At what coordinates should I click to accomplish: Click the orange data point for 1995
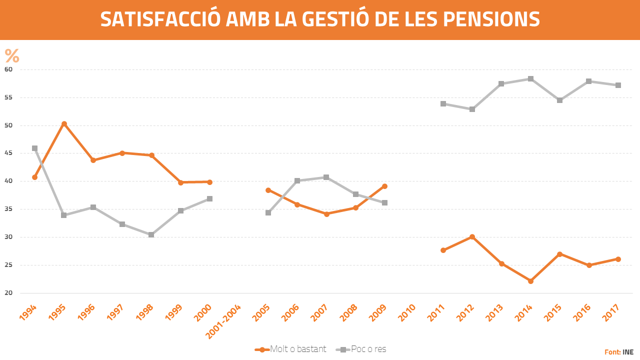click(64, 123)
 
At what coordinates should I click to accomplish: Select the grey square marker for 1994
click(34, 148)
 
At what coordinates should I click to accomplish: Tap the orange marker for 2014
click(530, 281)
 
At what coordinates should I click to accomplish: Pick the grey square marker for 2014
click(530, 79)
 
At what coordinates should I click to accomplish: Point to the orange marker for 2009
click(384, 186)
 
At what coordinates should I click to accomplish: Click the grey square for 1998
click(151, 234)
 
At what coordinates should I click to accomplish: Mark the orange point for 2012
click(472, 236)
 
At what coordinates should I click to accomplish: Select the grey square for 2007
click(326, 177)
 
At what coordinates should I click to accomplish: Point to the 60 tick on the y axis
click(8, 69)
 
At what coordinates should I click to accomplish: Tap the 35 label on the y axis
click(8, 209)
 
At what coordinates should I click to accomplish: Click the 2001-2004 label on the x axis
click(224, 321)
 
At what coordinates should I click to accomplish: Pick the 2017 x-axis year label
click(612, 313)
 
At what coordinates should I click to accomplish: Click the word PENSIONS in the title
click(491, 19)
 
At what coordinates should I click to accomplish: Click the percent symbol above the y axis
click(12, 56)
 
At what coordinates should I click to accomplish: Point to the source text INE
click(628, 352)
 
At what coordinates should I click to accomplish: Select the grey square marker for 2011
click(443, 104)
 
